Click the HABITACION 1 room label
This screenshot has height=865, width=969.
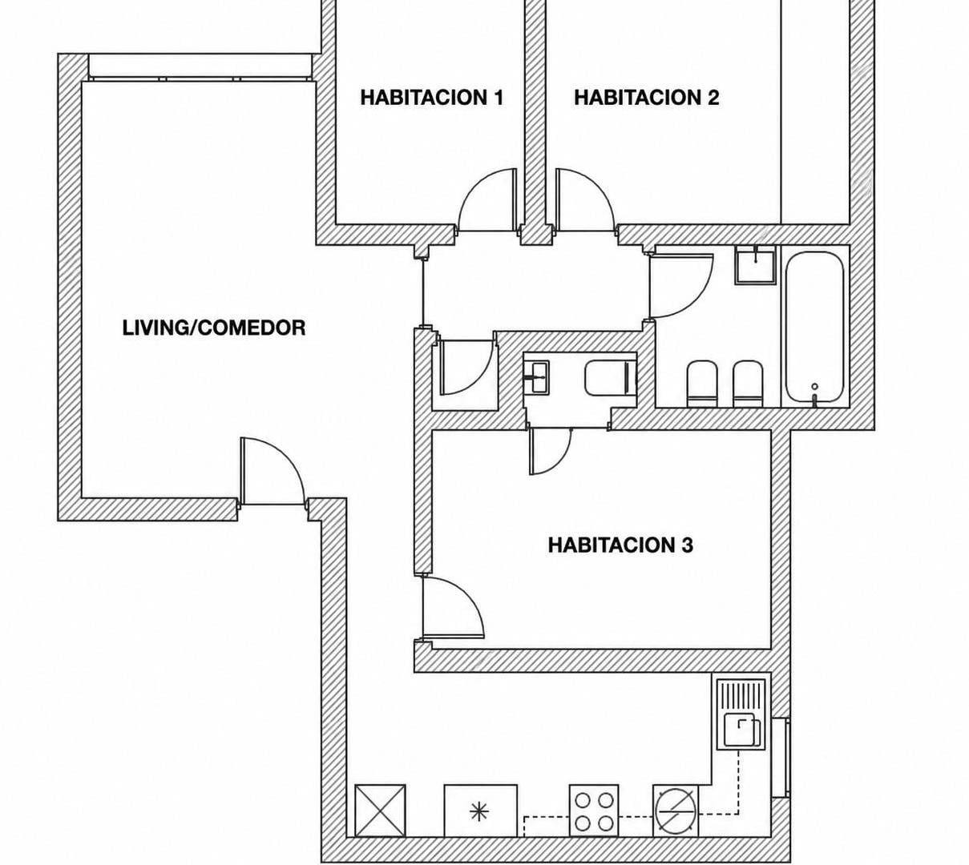(431, 98)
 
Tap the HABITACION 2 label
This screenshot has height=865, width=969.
(646, 98)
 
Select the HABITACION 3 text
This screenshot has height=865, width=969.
(620, 545)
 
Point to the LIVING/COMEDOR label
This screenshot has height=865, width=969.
(214, 328)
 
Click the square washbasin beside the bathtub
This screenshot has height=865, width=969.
(755, 265)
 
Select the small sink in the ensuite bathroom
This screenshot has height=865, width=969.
(536, 377)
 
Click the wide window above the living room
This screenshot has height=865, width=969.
(200, 67)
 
